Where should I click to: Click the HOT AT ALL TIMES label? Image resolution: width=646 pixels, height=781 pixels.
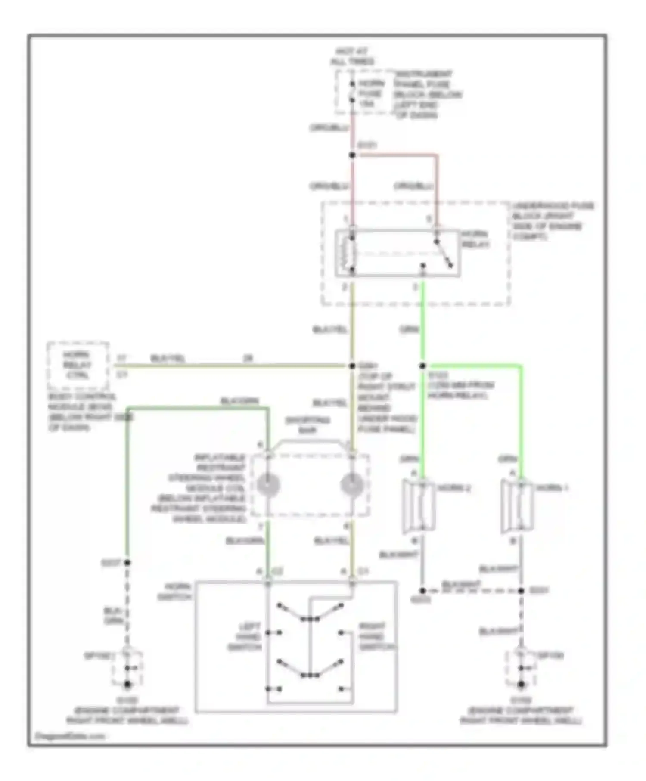(352, 56)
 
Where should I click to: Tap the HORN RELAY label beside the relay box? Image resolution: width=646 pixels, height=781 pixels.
(475, 239)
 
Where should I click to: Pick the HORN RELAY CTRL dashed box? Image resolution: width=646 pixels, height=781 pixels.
(78, 365)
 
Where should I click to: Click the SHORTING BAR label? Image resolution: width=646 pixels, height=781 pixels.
(307, 425)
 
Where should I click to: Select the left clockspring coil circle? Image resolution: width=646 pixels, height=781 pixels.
(268, 485)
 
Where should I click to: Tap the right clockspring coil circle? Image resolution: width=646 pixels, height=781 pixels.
(352, 485)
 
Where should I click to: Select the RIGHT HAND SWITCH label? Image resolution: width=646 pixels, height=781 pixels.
(376, 637)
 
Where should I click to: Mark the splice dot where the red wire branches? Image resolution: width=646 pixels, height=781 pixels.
(352, 155)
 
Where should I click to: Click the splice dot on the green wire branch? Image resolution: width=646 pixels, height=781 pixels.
(422, 366)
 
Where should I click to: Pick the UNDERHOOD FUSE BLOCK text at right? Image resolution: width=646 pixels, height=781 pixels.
(551, 221)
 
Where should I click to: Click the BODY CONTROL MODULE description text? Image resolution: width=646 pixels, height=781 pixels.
(86, 412)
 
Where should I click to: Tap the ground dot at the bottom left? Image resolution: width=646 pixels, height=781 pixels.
(127, 684)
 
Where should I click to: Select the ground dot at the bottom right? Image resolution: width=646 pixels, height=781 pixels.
(521, 684)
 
